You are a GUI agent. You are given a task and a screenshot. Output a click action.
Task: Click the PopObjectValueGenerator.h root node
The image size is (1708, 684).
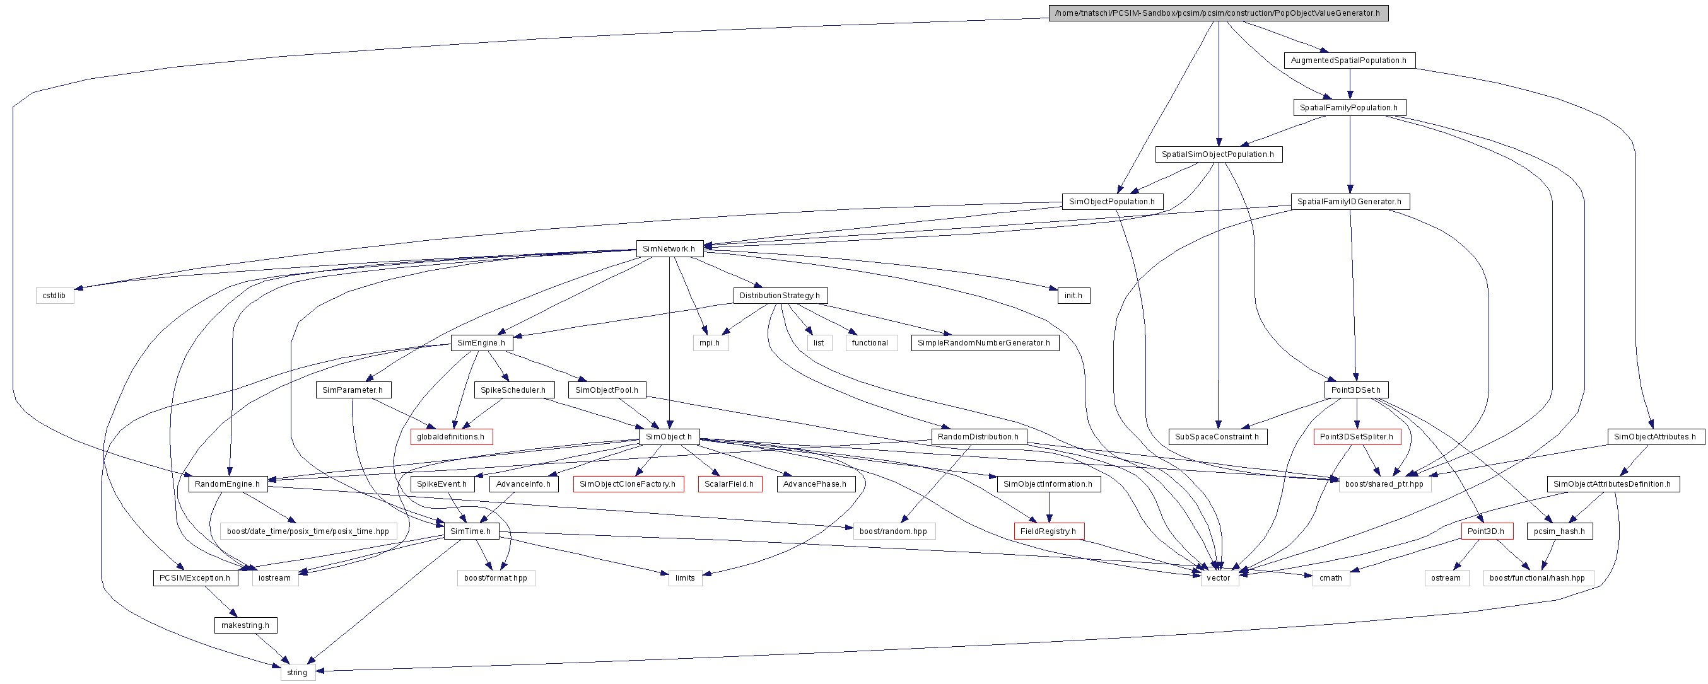(1218, 13)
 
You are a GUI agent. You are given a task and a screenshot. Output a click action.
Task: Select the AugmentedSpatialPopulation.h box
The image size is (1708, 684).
(1348, 61)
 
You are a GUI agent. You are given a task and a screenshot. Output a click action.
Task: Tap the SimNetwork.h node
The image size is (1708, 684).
(669, 249)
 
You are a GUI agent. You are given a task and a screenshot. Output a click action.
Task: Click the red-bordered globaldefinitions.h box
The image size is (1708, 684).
(451, 437)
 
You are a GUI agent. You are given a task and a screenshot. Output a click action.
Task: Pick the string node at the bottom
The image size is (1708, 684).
(297, 672)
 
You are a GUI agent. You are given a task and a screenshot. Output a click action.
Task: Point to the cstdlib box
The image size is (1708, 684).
(54, 296)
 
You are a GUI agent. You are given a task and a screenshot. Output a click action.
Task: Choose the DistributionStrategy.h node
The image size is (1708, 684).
(780, 296)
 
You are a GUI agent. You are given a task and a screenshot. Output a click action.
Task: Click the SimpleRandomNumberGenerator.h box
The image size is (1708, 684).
(984, 343)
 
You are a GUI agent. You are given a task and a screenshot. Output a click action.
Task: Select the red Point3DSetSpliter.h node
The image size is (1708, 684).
(1357, 437)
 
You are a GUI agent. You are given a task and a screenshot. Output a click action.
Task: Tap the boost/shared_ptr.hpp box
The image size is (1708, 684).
(1384, 484)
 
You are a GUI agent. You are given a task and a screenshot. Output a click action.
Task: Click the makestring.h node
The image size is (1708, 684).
(245, 625)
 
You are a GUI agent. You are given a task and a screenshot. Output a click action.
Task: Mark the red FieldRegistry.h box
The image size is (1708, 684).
(1048, 531)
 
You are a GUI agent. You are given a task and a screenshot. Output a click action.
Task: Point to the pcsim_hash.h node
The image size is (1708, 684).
(1560, 531)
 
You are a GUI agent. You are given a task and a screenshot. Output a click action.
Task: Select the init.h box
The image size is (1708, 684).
(1073, 296)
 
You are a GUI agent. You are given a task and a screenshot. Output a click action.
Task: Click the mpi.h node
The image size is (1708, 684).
(710, 343)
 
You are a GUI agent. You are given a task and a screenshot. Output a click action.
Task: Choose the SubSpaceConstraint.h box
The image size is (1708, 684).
(1217, 437)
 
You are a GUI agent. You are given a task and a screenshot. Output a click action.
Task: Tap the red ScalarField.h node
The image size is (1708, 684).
(729, 484)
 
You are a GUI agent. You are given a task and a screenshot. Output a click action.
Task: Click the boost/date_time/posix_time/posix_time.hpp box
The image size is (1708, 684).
(308, 531)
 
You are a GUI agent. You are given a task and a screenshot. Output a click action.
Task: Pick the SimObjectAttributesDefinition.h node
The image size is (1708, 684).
(1613, 484)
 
